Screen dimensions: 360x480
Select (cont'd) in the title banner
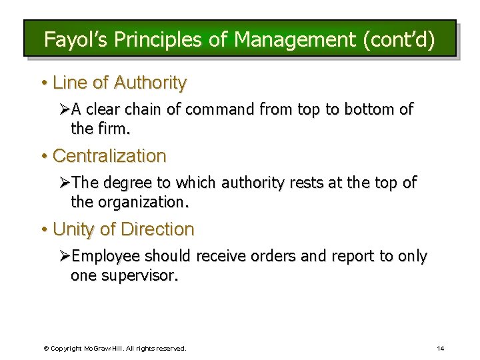click(x=398, y=40)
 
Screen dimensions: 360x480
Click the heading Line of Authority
click(x=119, y=83)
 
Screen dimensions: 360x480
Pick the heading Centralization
click(x=109, y=156)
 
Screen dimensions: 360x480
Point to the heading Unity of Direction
click(x=123, y=229)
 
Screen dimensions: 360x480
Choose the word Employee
click(x=106, y=256)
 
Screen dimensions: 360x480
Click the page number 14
click(x=440, y=348)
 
